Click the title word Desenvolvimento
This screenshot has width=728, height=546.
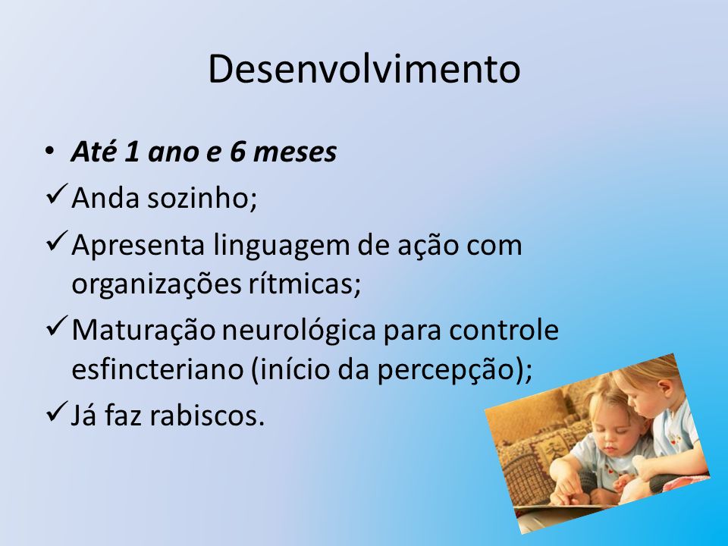point(364,69)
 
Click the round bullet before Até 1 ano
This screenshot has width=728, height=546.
point(50,151)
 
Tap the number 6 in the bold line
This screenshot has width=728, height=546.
point(237,152)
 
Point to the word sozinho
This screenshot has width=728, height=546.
point(202,198)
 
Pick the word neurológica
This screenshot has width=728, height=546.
point(299,331)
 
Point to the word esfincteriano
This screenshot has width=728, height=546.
point(158,369)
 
